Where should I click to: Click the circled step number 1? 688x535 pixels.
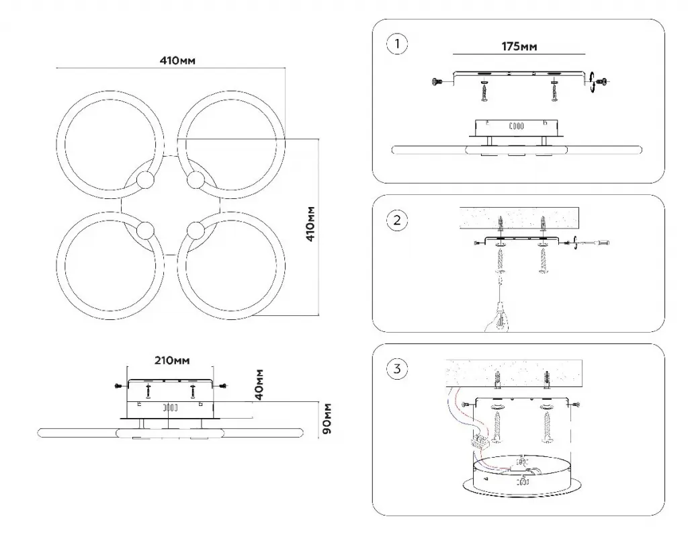pos(398,44)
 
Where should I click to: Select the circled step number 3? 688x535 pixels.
pos(398,368)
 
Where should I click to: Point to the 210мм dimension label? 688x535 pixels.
pos(171,361)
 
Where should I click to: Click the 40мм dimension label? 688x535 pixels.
pos(260,384)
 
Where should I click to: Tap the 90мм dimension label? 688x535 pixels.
pos(328,419)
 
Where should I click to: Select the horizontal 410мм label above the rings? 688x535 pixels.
pos(177,60)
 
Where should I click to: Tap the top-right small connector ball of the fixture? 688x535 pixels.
pos(195,180)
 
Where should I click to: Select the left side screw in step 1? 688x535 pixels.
pos(437,81)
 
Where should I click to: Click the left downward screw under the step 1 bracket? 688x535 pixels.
pos(484,92)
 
